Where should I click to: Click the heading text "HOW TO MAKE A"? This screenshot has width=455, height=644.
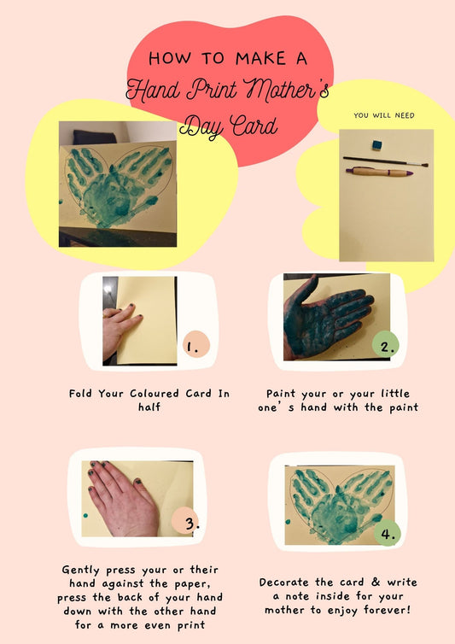(x=228, y=58)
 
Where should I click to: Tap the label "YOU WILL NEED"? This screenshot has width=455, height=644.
(x=383, y=114)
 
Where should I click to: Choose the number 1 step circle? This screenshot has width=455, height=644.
(x=195, y=345)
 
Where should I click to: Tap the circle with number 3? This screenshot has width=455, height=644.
(x=187, y=521)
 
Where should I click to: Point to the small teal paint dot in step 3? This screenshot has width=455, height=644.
(x=86, y=517)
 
